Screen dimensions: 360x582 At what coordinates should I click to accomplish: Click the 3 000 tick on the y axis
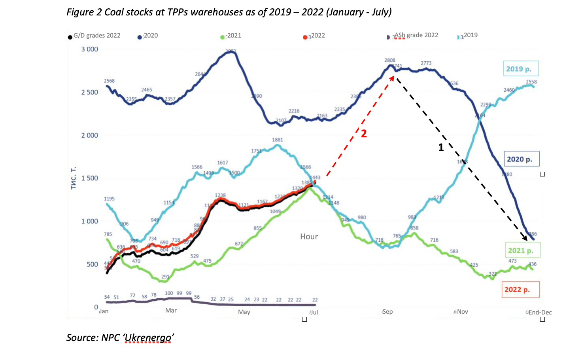pyautogui.click(x=90, y=49)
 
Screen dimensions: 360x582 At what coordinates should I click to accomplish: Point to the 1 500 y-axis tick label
pyautogui.click(x=90, y=178)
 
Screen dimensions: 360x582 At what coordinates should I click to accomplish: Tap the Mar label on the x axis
pyautogui.click(x=171, y=311)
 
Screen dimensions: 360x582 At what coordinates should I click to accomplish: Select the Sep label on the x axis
pyautogui.click(x=388, y=312)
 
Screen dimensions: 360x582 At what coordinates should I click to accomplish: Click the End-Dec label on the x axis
pyautogui.click(x=540, y=313)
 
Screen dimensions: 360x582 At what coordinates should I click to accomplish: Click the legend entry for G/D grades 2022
pyautogui.click(x=96, y=36)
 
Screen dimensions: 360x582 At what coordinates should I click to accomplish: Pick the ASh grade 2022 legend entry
pyautogui.click(x=416, y=35)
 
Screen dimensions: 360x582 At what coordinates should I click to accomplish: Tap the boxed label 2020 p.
pyautogui.click(x=520, y=159)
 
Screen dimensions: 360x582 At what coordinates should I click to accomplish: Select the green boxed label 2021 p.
pyautogui.click(x=521, y=250)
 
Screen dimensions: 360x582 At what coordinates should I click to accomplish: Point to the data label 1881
pyautogui.click(x=278, y=140)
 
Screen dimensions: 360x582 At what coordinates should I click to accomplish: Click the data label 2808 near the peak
pyautogui.click(x=390, y=61)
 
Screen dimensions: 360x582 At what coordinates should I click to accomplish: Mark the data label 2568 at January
pyautogui.click(x=109, y=81)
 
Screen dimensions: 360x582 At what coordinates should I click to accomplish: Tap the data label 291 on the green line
pyautogui.click(x=165, y=277)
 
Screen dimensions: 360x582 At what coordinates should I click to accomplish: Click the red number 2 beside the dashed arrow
pyautogui.click(x=364, y=134)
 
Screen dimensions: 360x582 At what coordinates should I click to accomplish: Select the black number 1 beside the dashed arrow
pyautogui.click(x=441, y=148)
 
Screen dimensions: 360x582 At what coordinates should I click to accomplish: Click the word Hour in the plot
pyautogui.click(x=309, y=237)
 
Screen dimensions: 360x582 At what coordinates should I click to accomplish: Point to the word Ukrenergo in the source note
pyautogui.click(x=148, y=338)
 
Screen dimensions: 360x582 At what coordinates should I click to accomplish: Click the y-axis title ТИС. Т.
pyautogui.click(x=74, y=178)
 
